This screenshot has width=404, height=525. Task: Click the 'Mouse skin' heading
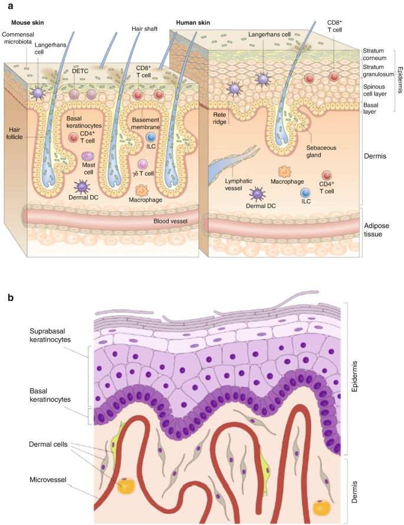coord(28,22)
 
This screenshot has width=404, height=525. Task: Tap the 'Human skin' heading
coord(193,22)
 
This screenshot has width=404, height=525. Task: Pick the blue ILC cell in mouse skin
coord(150,138)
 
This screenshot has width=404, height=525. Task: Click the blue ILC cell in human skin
coord(305,192)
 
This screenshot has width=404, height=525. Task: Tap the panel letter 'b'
coord(11,298)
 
